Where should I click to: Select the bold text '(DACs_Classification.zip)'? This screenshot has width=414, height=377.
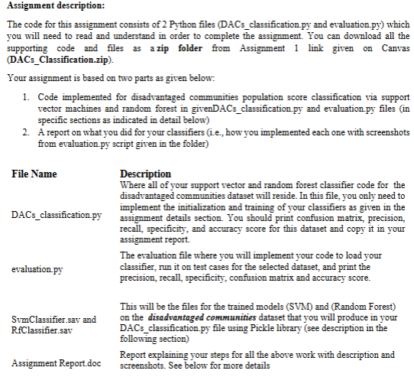[59, 60]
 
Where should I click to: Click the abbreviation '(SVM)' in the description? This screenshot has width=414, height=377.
[273, 307]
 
